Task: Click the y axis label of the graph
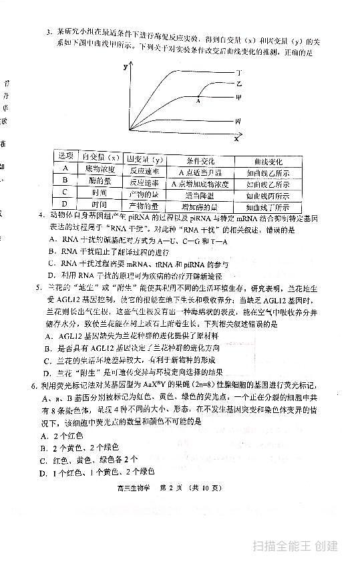pyautogui.click(x=125, y=67)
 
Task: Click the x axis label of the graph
pyautogui.click(x=236, y=140)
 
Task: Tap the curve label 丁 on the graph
pyautogui.click(x=239, y=71)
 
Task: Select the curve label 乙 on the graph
pyautogui.click(x=238, y=84)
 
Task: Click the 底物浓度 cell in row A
pyautogui.click(x=100, y=169)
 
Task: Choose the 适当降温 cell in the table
pyautogui.click(x=200, y=195)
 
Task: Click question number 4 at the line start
pyautogui.click(x=41, y=216)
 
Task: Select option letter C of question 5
pyautogui.click(x=47, y=361)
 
